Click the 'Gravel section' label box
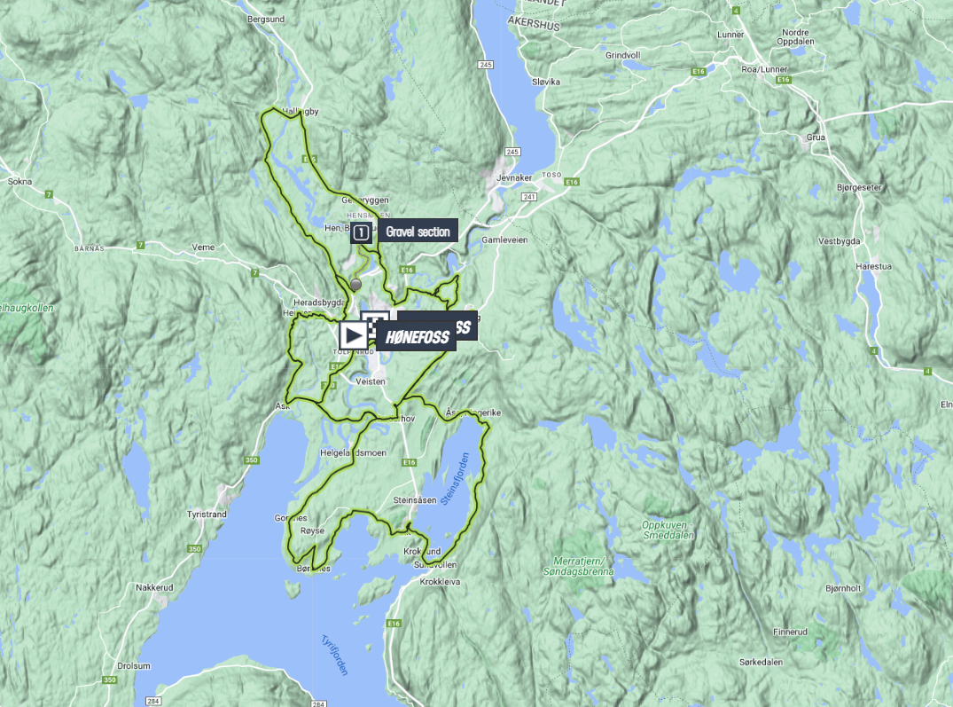tap(418, 232)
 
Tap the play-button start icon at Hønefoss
tap(352, 334)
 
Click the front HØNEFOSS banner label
tap(417, 337)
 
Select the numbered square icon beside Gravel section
tap(361, 233)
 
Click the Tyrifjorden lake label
tap(334, 655)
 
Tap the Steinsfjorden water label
tap(457, 480)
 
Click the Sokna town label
tap(20, 181)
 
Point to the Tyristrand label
tap(207, 514)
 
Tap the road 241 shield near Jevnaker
tap(530, 197)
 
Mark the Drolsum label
tap(134, 665)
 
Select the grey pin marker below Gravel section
tap(356, 284)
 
